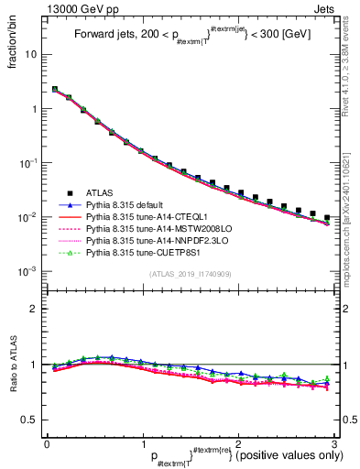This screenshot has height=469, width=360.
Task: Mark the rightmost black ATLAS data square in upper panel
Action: (x=327, y=218)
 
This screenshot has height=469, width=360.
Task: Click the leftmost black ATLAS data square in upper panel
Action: (x=54, y=90)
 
